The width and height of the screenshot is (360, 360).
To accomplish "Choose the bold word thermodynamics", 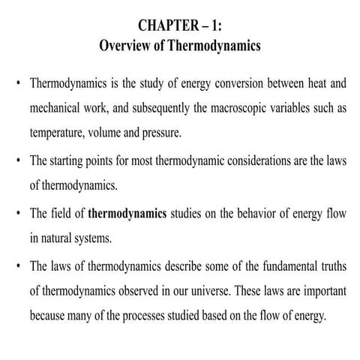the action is point(127,213).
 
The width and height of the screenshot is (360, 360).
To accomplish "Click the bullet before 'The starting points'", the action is point(16,160).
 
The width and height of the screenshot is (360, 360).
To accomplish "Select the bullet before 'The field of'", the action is point(16,213).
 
